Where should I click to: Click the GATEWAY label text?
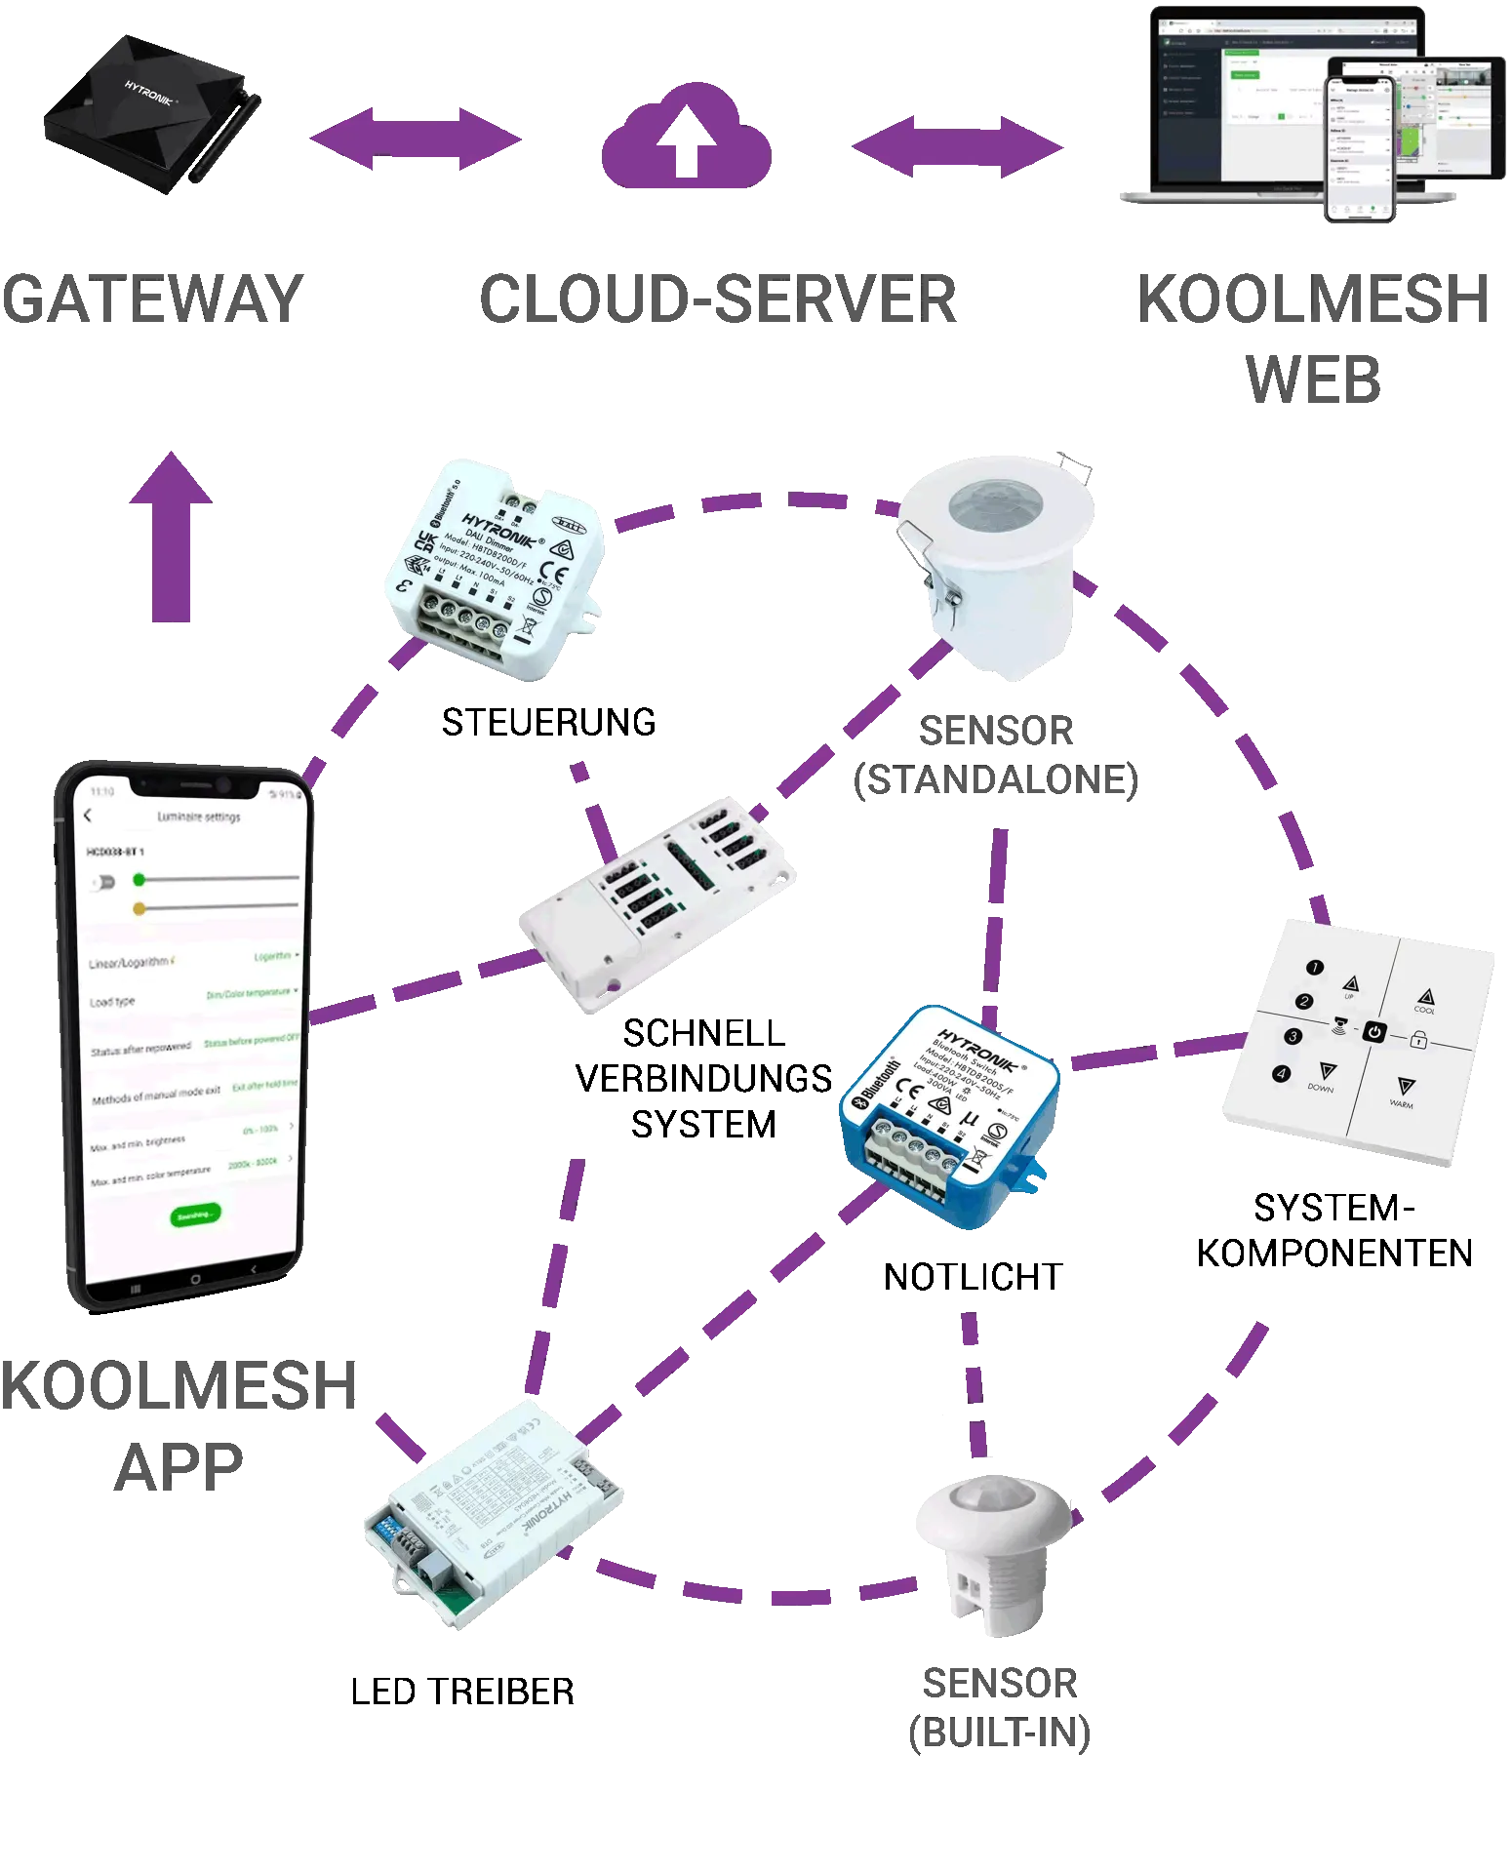(148, 299)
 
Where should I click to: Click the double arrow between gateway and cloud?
(415, 140)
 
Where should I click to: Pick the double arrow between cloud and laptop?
(959, 146)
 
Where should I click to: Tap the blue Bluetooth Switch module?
(949, 1117)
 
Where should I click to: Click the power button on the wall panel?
(1374, 1031)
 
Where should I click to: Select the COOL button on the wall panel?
(1425, 999)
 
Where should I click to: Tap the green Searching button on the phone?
(195, 1215)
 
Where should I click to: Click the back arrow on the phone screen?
(88, 816)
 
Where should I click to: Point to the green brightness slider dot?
(139, 880)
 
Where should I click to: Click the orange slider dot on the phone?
(139, 908)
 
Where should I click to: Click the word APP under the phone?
(176, 1463)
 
